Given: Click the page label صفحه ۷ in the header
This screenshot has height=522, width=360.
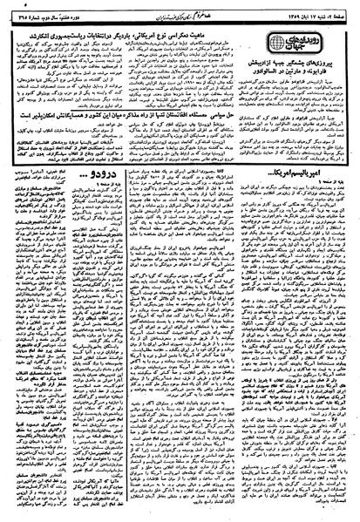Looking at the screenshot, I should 343,7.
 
